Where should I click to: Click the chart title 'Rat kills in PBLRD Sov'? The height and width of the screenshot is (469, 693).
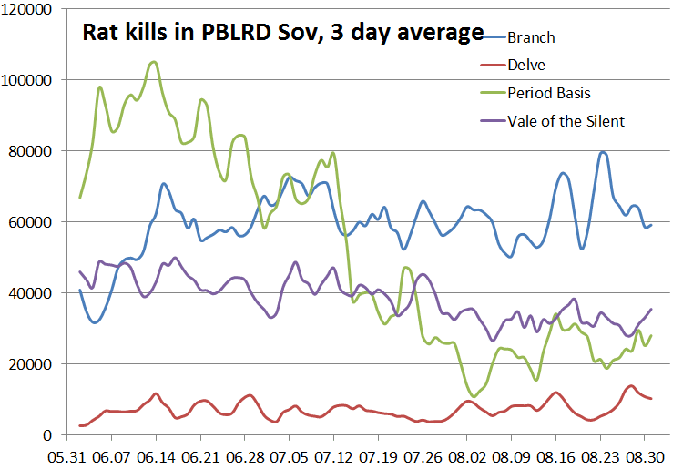[282, 34]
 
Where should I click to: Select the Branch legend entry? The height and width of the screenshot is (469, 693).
[531, 37]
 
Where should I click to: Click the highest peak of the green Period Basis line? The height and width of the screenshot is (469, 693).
[153, 62]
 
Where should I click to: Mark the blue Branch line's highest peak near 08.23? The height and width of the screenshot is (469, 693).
[603, 152]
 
